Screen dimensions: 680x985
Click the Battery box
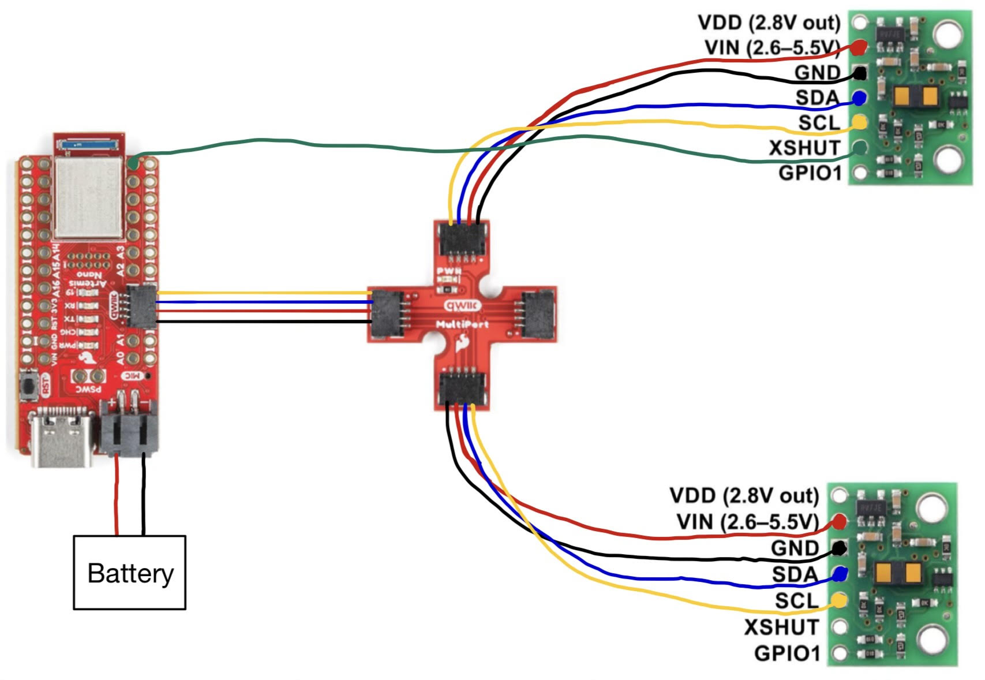pos(129,572)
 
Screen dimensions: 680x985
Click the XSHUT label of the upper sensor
pos(804,148)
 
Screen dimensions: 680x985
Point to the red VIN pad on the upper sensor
pos(859,46)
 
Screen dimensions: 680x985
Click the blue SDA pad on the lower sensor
pos(840,574)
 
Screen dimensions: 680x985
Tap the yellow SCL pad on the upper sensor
pos(859,122)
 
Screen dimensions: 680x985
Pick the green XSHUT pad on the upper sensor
pos(859,148)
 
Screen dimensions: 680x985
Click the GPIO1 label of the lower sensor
pos(786,653)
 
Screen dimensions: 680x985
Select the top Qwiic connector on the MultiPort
pos(463,238)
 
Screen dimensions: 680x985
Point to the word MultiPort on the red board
pos(462,324)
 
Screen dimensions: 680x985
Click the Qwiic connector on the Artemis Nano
pos(141,307)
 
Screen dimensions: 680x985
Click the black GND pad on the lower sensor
pos(839,548)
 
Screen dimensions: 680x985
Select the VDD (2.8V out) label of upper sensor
pos(769,23)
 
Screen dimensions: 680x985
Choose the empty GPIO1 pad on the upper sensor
pos(860,173)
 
